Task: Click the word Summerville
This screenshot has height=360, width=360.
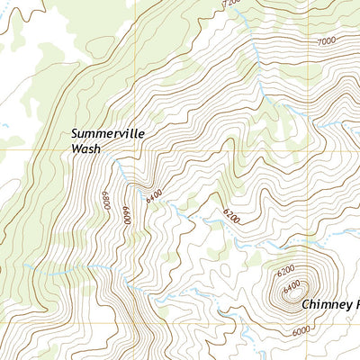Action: click(108, 135)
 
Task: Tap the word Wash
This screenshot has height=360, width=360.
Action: click(85, 150)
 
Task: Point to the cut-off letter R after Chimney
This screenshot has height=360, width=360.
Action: click(355, 304)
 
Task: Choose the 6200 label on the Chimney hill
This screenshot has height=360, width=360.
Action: click(286, 270)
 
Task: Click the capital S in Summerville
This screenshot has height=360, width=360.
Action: click(76, 135)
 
